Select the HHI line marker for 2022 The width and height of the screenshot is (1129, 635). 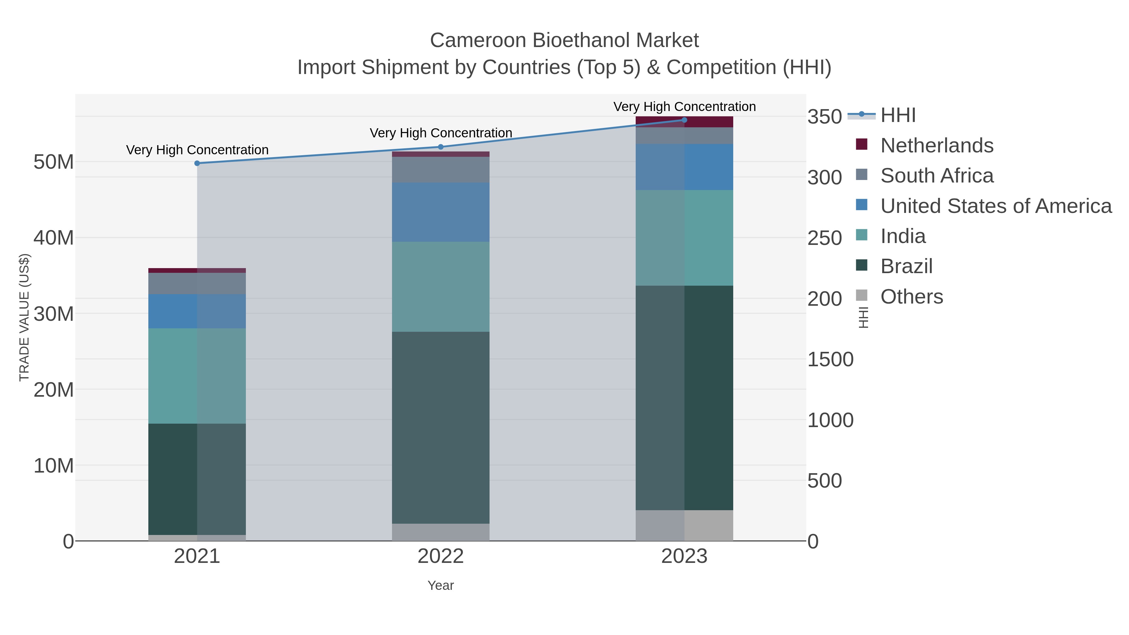point(441,147)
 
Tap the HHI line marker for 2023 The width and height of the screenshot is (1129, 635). point(684,120)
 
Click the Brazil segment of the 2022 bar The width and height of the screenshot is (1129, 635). point(441,427)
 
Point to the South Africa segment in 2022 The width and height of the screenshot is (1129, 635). point(441,170)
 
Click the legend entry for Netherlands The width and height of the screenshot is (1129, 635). point(936,146)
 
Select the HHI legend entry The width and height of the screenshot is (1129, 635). point(898,115)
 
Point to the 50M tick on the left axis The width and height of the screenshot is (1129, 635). point(53,162)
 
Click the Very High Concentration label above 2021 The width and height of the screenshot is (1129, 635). point(197,150)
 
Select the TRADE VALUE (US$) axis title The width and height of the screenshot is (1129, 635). point(24,317)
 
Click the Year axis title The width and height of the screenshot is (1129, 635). point(441,585)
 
